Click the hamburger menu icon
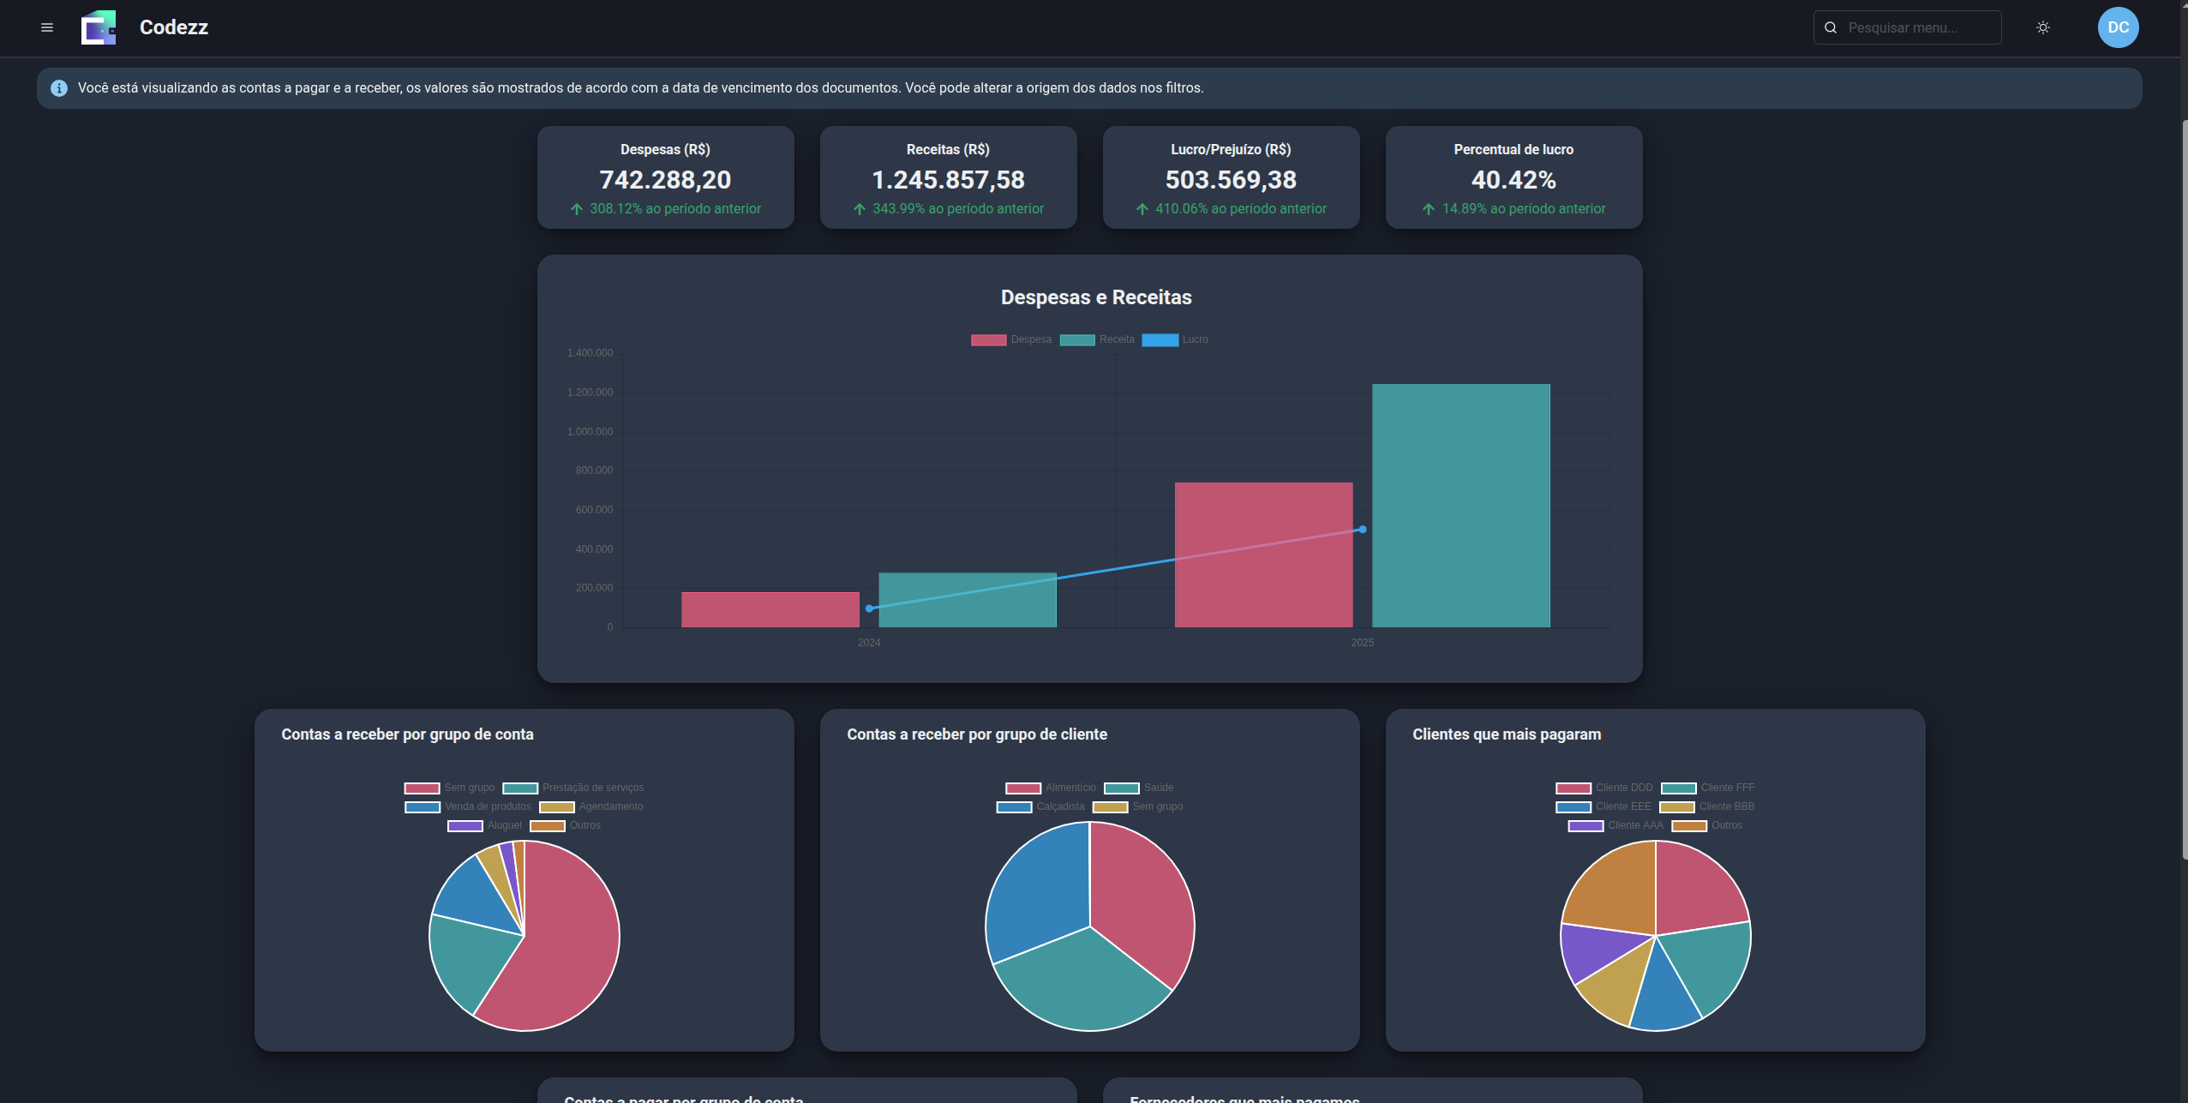point(47,27)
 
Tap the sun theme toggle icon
point(2043,27)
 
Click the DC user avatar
point(2118,27)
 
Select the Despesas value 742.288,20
point(665,180)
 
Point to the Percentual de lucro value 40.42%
point(1514,180)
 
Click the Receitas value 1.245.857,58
point(948,180)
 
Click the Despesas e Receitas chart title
point(1096,297)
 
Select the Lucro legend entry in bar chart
point(1176,340)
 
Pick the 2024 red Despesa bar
point(770,609)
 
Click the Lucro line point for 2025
point(1363,530)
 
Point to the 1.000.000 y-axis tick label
point(590,432)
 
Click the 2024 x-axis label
point(869,643)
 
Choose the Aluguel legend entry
point(485,826)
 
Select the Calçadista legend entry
point(1041,807)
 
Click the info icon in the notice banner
point(59,88)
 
